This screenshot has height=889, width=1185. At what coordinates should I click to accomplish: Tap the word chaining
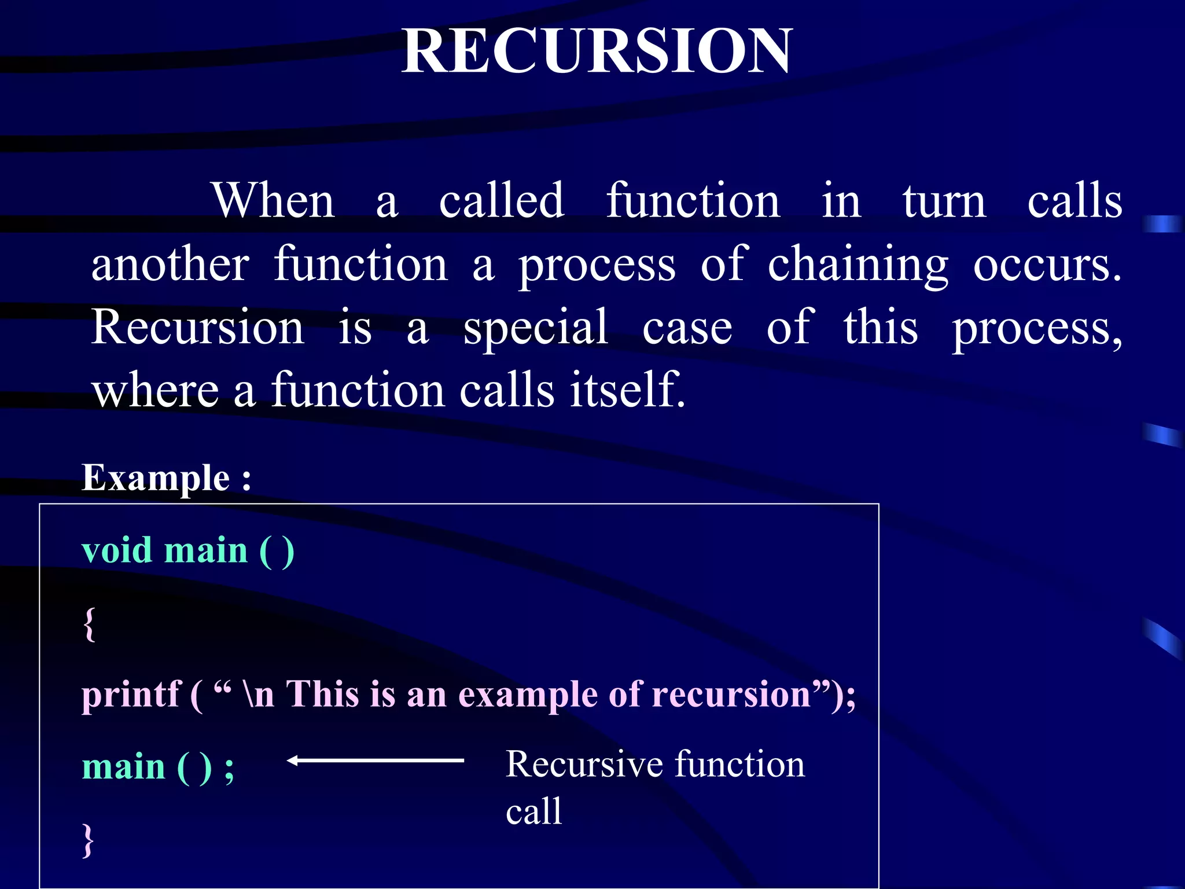[x=858, y=265]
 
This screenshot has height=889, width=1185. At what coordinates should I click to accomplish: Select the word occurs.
[x=1047, y=265]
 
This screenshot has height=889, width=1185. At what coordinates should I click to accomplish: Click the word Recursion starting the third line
[x=197, y=327]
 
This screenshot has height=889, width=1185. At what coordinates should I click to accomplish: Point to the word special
[x=536, y=328]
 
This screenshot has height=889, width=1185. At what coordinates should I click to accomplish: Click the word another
[x=170, y=264]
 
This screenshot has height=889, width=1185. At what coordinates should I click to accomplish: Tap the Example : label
[x=167, y=478]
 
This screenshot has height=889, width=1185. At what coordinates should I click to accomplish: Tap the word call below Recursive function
[x=533, y=811]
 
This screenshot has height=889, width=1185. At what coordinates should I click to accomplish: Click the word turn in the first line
[x=944, y=201]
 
